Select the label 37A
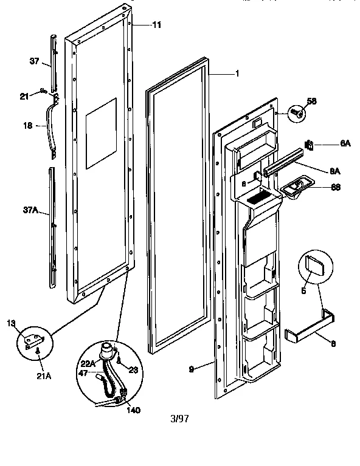click(x=30, y=210)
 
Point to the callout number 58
click(x=311, y=101)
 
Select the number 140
click(x=133, y=410)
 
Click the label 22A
click(x=88, y=363)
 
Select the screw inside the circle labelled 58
click(x=297, y=113)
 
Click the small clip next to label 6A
click(x=310, y=144)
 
